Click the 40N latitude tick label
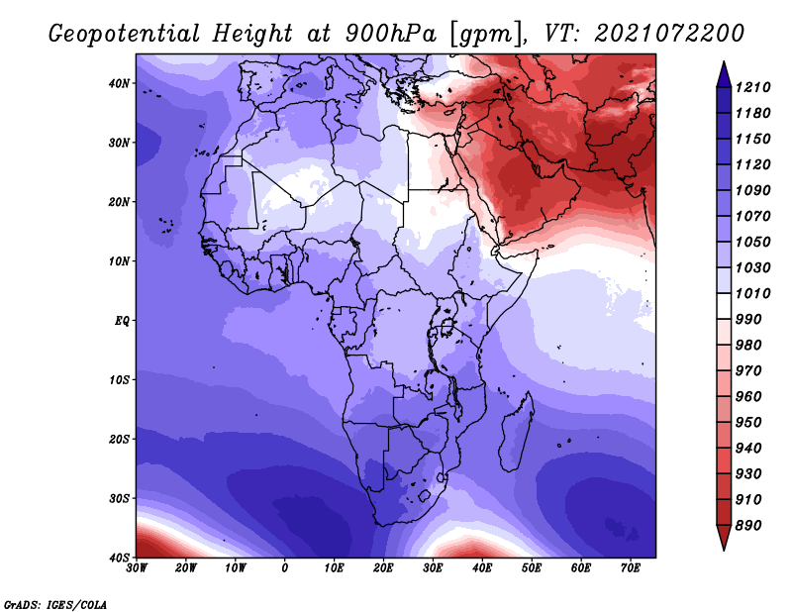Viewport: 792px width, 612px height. (x=119, y=83)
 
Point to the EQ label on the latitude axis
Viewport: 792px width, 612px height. (x=122, y=321)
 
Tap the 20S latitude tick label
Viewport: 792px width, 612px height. (x=119, y=439)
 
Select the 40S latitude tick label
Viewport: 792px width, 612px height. (x=119, y=558)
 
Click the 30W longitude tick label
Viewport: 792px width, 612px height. (x=137, y=568)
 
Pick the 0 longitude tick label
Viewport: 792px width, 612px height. (x=285, y=568)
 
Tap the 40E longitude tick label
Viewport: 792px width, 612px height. (x=482, y=568)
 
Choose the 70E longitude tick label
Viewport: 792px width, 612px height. (x=631, y=568)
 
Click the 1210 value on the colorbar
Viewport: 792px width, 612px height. (x=753, y=87)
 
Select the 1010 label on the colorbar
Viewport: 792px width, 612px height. (x=753, y=293)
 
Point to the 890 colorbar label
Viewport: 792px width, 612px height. (x=748, y=526)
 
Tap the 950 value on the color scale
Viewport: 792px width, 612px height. (x=748, y=423)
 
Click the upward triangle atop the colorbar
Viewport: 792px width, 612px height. (x=724, y=75)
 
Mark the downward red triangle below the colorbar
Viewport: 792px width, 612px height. (x=724, y=538)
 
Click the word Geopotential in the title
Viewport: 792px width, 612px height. (x=125, y=34)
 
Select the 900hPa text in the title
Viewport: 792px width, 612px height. (x=390, y=34)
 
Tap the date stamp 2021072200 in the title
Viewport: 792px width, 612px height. (x=669, y=34)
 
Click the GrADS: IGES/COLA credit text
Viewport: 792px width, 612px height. (x=55, y=605)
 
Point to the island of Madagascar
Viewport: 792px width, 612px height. (x=517, y=431)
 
